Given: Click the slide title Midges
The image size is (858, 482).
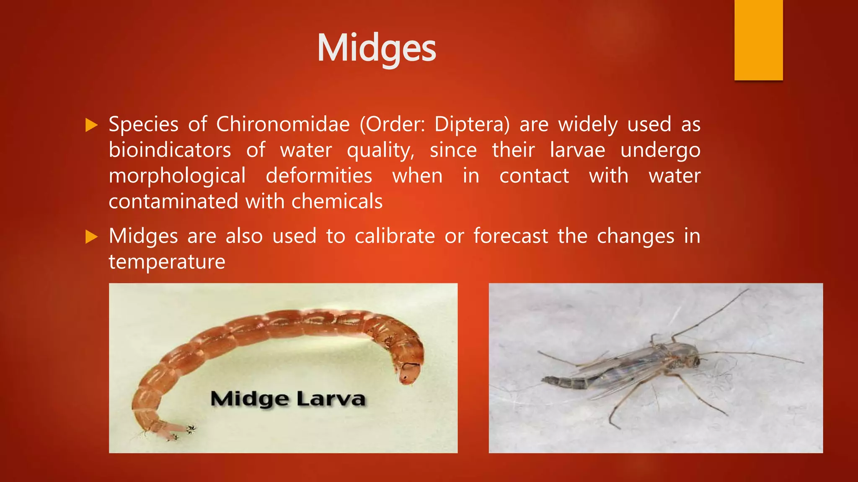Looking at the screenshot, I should pos(376,49).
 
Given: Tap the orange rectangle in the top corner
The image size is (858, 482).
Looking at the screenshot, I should pos(758,40).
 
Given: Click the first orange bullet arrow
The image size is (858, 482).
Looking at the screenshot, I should pos(91,125).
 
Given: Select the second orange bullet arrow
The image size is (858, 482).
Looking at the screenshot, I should pos(91,237).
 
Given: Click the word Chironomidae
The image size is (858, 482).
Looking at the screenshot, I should pos(283,124).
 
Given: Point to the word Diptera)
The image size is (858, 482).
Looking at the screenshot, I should pos(472,124).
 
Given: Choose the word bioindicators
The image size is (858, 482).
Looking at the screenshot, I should pos(170,150).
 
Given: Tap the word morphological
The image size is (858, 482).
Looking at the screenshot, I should pos(177,176).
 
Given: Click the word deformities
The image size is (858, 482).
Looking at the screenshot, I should pos(319,176).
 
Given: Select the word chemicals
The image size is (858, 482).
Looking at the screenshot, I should pos(337,202).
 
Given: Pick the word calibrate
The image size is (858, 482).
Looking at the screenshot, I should pos(395,236).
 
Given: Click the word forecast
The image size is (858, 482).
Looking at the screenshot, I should pos(511,236).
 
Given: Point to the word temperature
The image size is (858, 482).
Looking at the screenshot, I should pos(167,262).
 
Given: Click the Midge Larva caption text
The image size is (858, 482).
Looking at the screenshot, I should pos(288,399).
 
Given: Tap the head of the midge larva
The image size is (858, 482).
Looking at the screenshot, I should pos(408,373).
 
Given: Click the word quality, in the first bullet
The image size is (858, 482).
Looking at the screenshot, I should pos(380,150).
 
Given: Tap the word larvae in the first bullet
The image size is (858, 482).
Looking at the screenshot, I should pos(577,150).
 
